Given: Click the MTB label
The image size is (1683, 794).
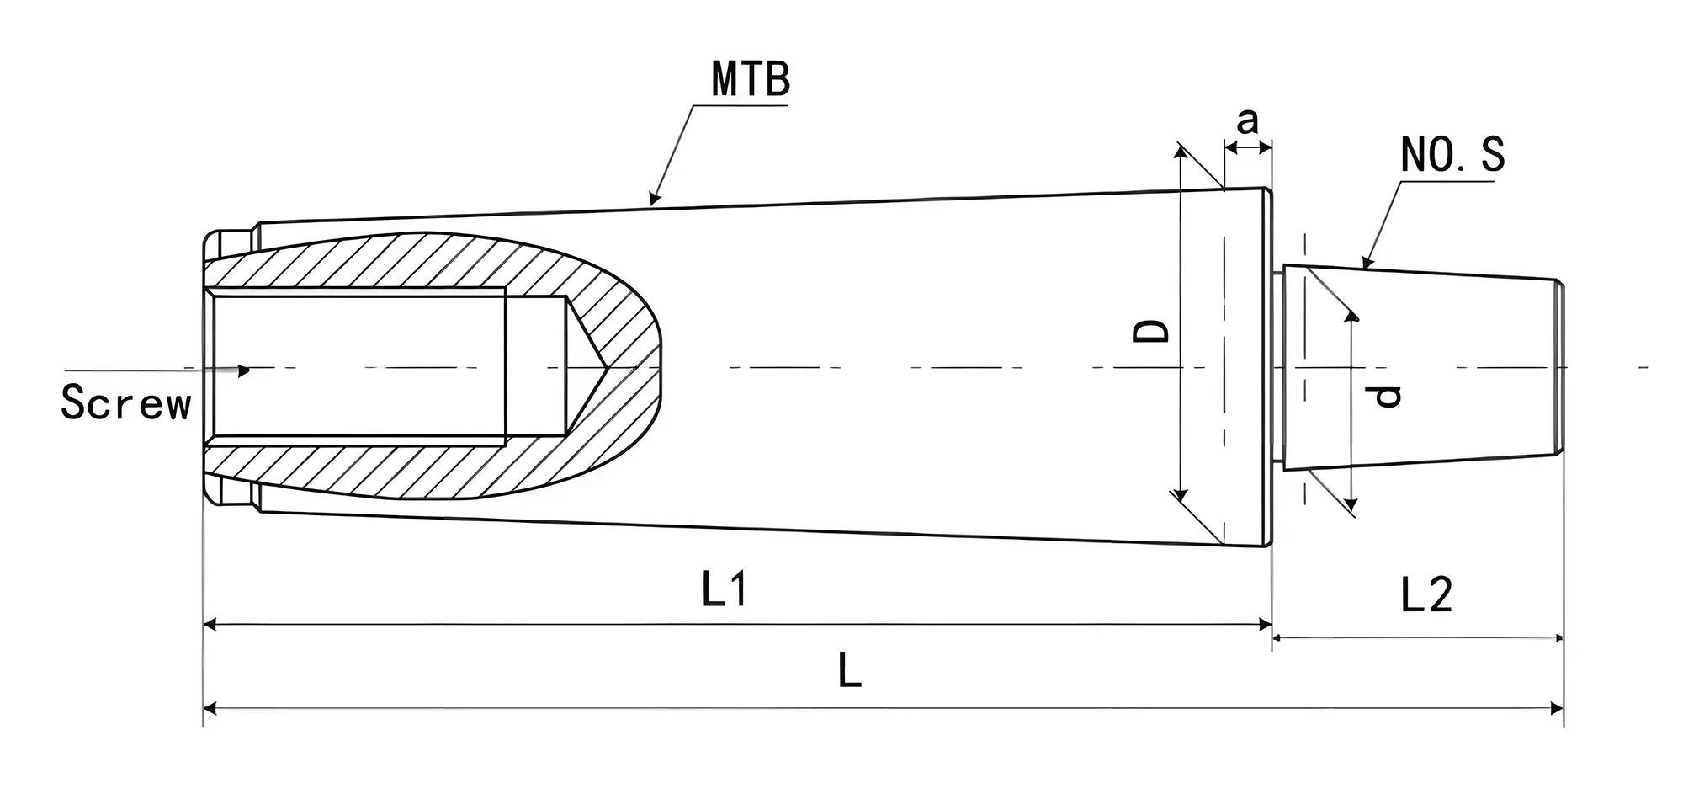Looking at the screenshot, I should click(x=751, y=79).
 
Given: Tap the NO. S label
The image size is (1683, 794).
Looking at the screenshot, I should click(x=1452, y=155).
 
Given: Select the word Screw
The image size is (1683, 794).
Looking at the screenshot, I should click(x=126, y=402).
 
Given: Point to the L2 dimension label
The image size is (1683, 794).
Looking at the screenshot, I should click(x=1426, y=595).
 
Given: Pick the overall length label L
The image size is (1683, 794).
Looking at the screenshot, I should click(x=850, y=672).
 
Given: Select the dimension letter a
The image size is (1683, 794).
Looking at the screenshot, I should click(x=1247, y=121).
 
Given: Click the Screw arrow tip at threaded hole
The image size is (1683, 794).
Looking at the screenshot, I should click(x=246, y=370).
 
